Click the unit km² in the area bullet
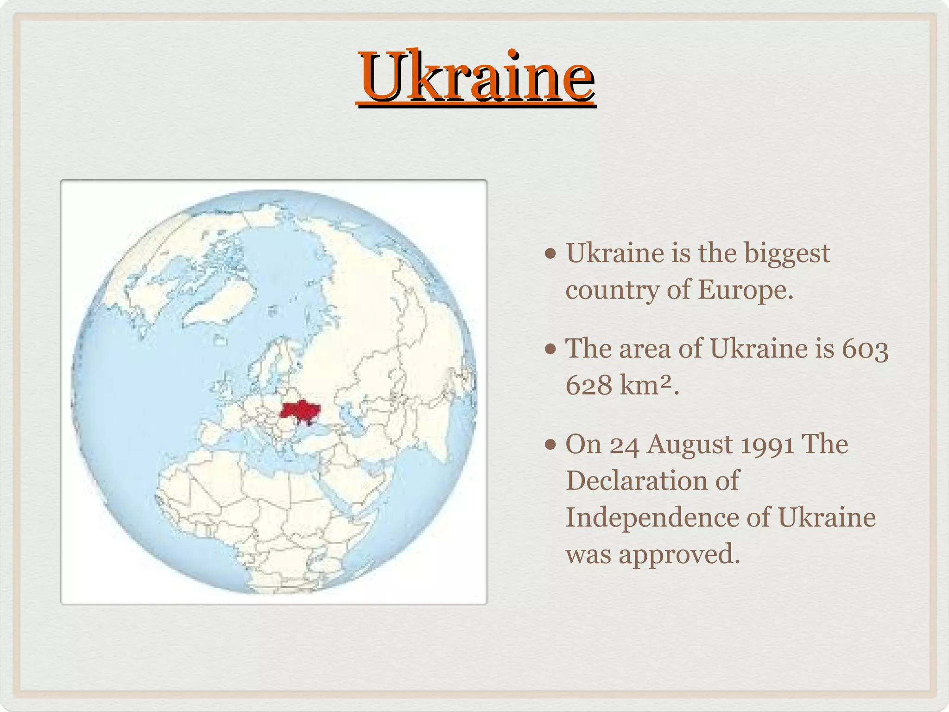pyautogui.click(x=645, y=385)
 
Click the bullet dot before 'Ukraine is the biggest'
pyautogui.click(x=550, y=254)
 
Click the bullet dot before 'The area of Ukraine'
pyautogui.click(x=550, y=349)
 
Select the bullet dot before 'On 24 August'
pyautogui.click(x=550, y=445)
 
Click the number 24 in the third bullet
pyautogui.click(x=624, y=445)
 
